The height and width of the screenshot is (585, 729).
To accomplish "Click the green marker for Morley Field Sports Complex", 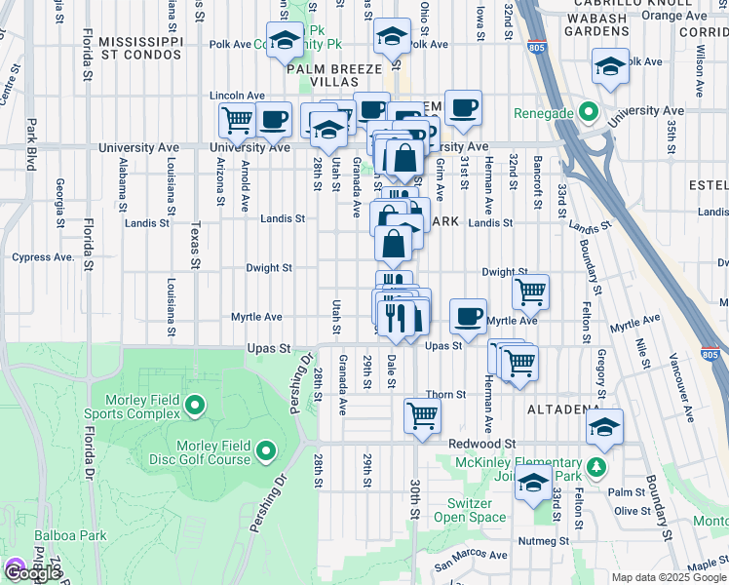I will (x=194, y=404).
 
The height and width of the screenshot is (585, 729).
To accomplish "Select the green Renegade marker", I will (x=587, y=113).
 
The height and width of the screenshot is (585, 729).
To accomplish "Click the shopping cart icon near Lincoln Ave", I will (x=237, y=121).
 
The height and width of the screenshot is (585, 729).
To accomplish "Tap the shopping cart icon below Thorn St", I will (x=422, y=414).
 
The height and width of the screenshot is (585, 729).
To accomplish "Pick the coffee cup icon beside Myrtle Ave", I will (x=468, y=316).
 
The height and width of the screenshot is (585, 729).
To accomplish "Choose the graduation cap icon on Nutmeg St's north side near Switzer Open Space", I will (x=533, y=484).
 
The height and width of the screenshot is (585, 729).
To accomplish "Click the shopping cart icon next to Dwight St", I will (x=530, y=290).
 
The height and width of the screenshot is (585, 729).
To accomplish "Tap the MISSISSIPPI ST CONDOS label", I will (x=140, y=50).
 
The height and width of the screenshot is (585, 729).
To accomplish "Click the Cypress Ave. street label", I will (x=43, y=257).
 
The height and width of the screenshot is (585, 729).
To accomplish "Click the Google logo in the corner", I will (x=32, y=572).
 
